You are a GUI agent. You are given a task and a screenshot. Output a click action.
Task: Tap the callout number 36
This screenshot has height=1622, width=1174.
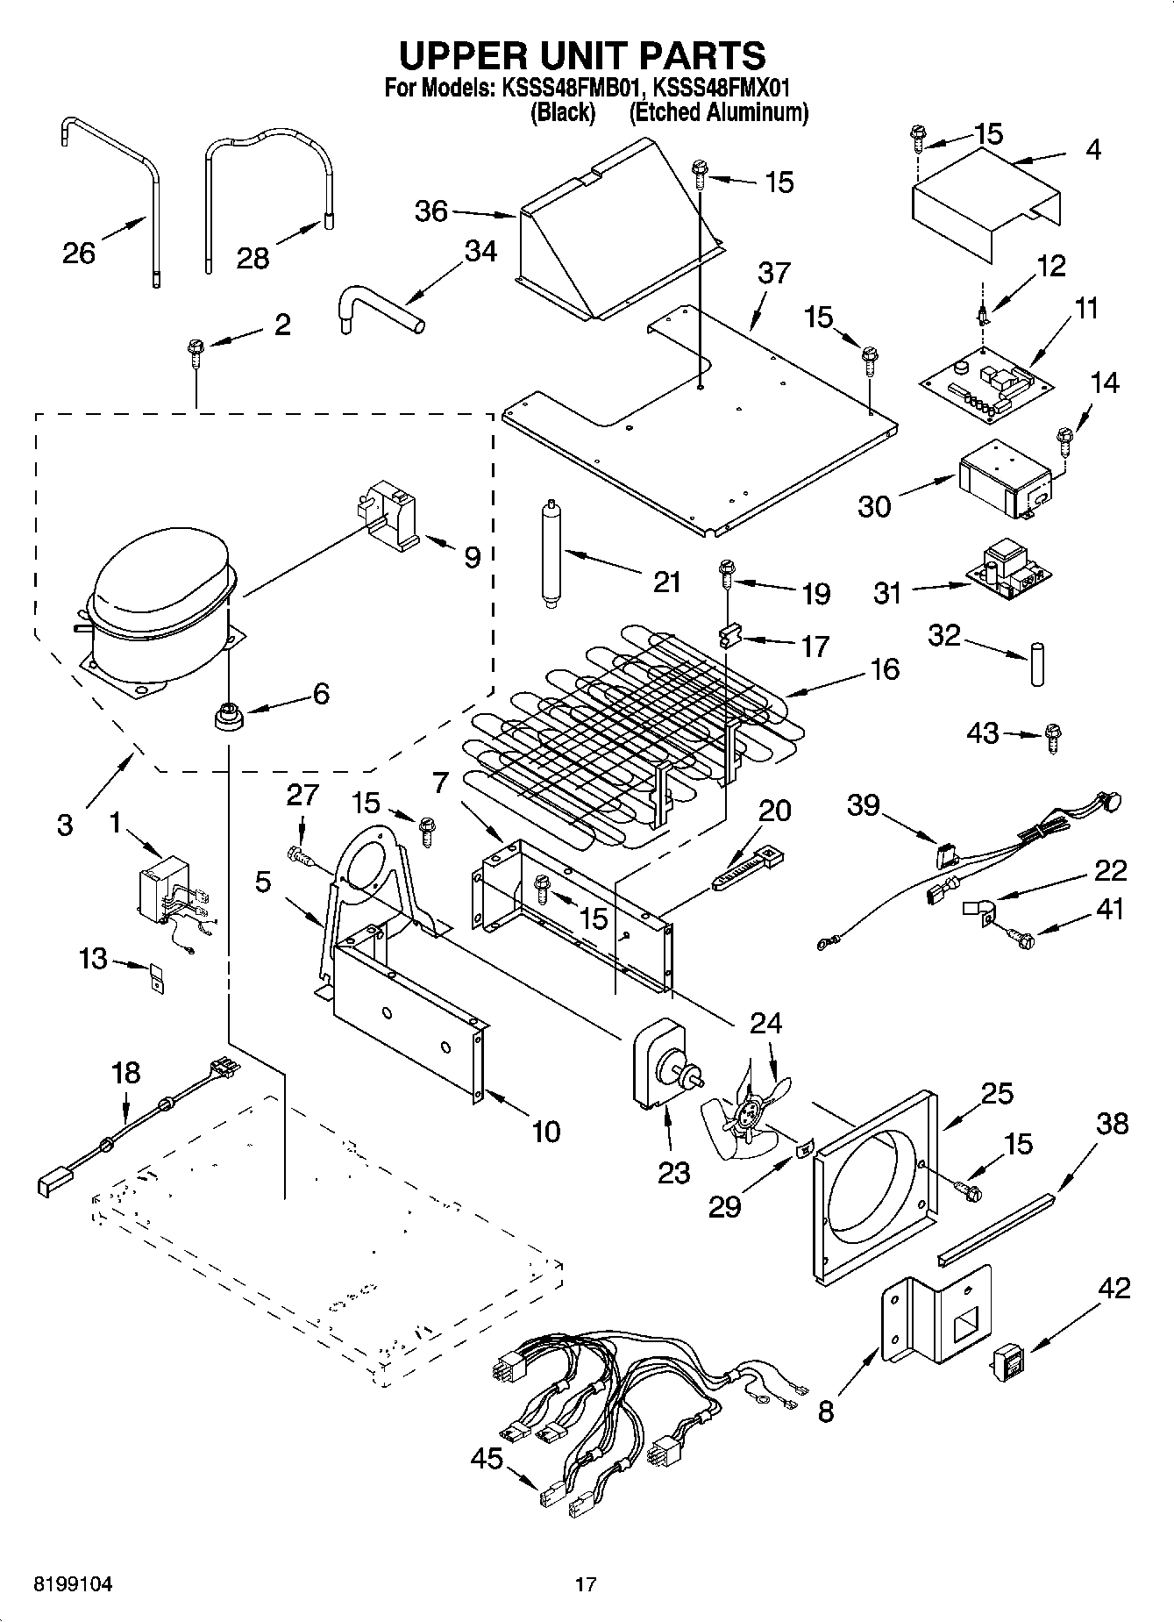(430, 211)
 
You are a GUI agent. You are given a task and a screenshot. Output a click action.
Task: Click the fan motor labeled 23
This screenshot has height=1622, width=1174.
(662, 1063)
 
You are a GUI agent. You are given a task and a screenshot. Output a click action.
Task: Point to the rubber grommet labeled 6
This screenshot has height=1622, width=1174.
(227, 716)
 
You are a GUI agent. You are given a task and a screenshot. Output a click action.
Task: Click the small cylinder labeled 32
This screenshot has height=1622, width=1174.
(1037, 664)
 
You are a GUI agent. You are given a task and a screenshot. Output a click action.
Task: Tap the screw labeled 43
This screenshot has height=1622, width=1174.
(1053, 737)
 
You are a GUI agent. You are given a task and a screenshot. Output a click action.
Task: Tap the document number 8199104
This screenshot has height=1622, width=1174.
(73, 1584)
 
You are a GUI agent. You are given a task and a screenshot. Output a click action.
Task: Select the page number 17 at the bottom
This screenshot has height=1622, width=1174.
(586, 1584)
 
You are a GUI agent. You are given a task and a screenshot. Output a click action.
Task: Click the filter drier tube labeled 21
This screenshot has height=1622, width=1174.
(551, 554)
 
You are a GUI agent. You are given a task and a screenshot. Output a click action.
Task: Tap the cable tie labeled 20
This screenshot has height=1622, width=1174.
(748, 868)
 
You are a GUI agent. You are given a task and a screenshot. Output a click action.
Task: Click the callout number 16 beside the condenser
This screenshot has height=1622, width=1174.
(885, 668)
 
